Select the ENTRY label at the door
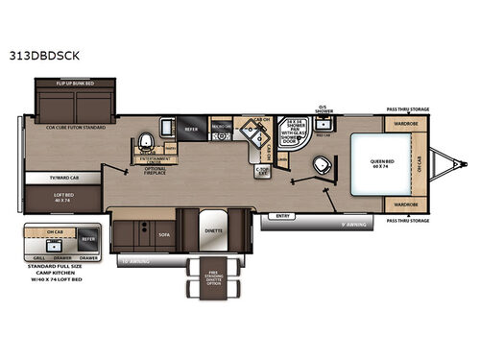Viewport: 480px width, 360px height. click(x=282, y=215)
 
